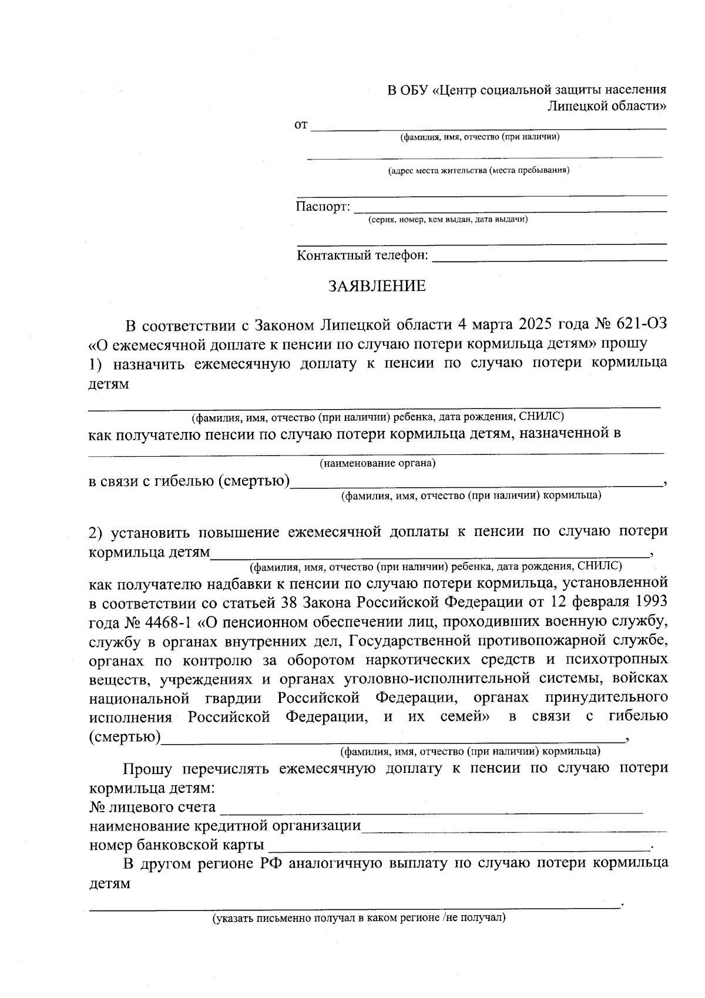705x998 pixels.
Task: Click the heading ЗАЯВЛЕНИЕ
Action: [377, 286]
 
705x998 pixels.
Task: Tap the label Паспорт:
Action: [323, 207]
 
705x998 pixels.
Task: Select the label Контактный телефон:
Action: [362, 256]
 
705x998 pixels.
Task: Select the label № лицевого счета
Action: [152, 807]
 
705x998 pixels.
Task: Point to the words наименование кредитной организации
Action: [225, 826]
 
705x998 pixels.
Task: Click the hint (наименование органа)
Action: [377, 463]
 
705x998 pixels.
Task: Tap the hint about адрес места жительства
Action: [478, 171]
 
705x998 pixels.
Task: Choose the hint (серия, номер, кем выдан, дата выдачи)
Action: [448, 220]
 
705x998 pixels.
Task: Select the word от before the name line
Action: [301, 125]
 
